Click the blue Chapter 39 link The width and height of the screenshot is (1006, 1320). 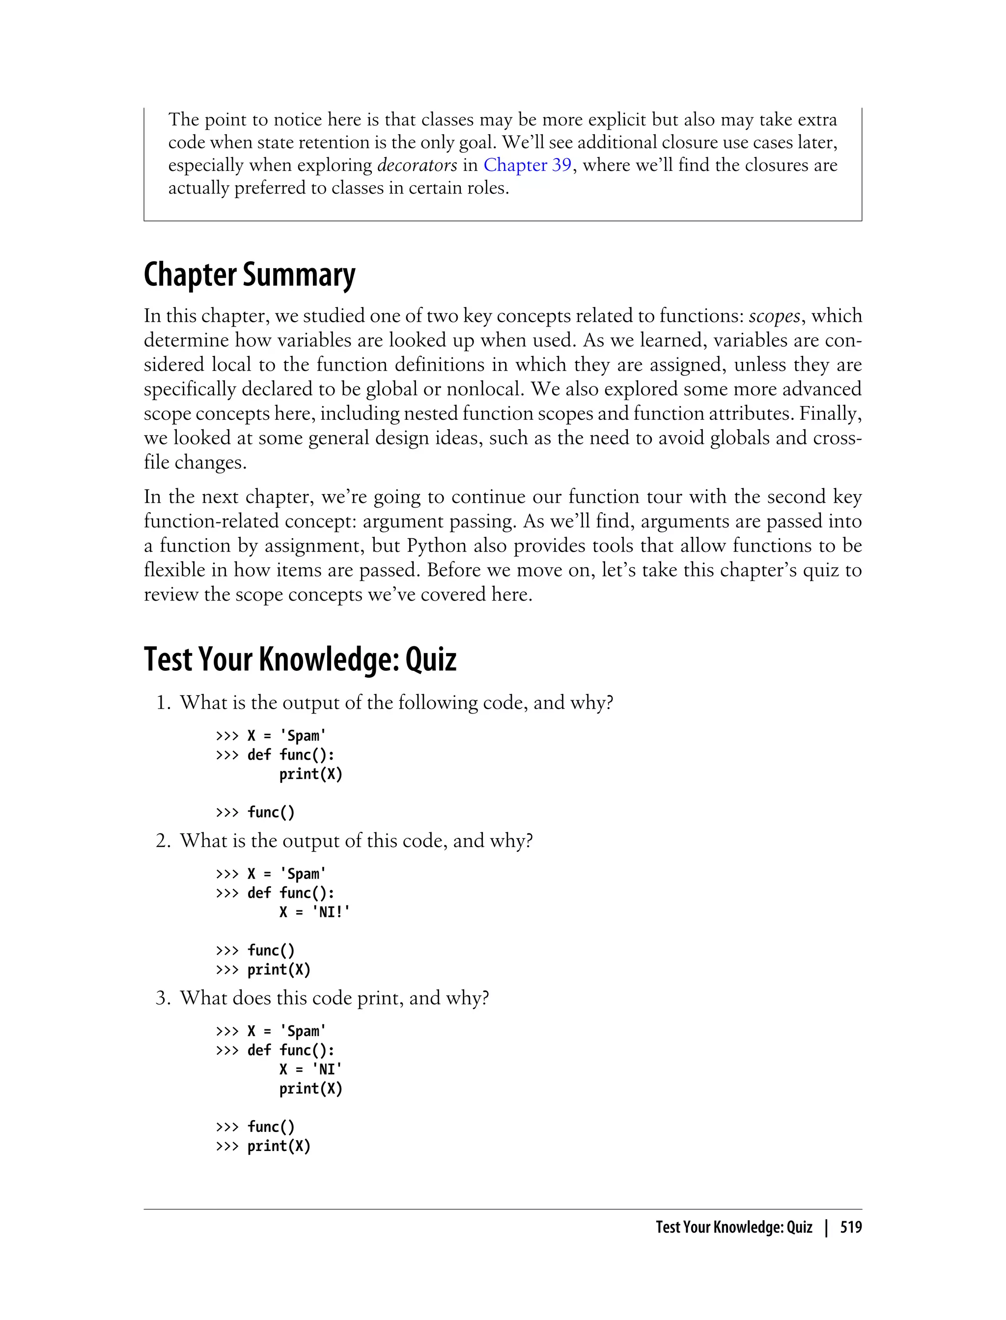pyautogui.click(x=527, y=165)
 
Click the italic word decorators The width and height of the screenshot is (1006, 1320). pyautogui.click(x=417, y=165)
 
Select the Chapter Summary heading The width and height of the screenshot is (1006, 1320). pyautogui.click(x=249, y=275)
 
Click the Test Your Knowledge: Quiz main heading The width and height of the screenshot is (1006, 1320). pyautogui.click(x=300, y=659)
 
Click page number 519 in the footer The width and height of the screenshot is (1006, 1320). pyautogui.click(x=850, y=1228)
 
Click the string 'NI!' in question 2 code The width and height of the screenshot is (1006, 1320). pyautogui.click(x=331, y=912)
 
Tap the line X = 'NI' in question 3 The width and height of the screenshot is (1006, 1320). pyautogui.click(x=310, y=1069)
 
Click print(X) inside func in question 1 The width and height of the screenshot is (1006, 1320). pyautogui.click(x=310, y=774)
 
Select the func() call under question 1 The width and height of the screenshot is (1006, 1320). pyautogui.click(x=271, y=812)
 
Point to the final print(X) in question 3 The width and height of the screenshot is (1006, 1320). pyautogui.click(x=279, y=1146)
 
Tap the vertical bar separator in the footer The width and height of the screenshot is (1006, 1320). pyautogui.click(x=826, y=1228)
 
